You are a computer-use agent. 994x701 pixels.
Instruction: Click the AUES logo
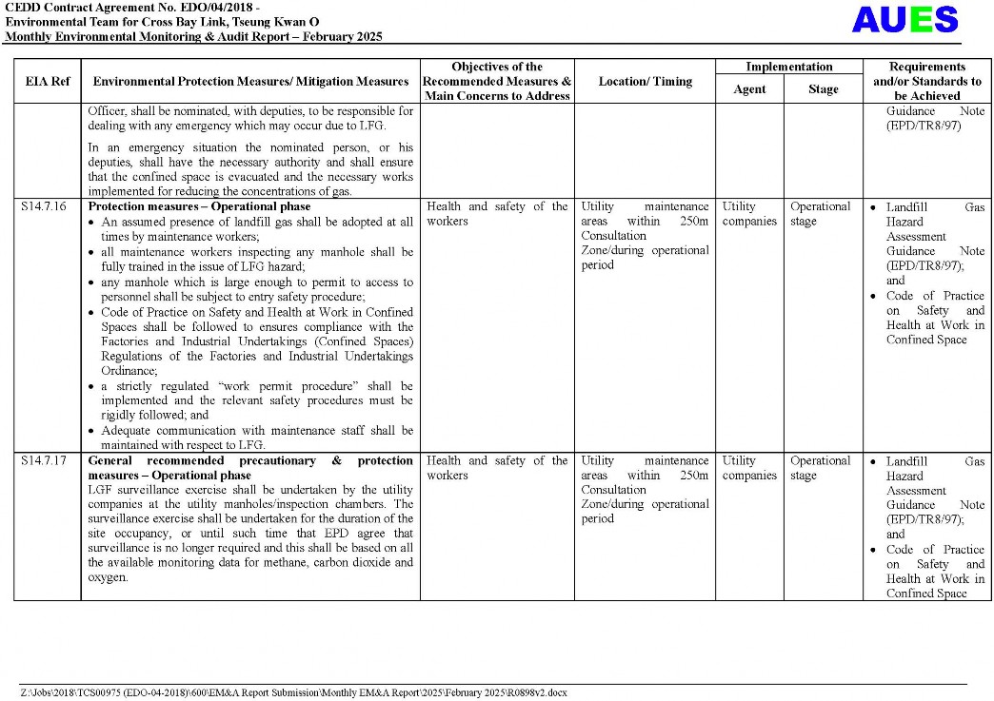click(905, 20)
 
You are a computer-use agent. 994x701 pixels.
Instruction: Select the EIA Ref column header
click(48, 82)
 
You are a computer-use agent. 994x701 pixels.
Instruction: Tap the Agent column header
click(749, 89)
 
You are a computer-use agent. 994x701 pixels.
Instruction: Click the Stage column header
click(824, 89)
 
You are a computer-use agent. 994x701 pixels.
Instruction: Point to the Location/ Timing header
click(645, 82)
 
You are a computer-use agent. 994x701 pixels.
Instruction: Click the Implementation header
click(788, 67)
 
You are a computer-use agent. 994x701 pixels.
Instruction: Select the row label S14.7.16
click(45, 206)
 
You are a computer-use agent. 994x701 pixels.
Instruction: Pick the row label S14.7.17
click(45, 461)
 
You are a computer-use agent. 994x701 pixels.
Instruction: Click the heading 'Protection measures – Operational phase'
click(199, 206)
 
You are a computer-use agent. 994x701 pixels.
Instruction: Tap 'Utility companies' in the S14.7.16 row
click(749, 214)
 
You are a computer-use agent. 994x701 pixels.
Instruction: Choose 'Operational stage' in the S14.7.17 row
click(820, 468)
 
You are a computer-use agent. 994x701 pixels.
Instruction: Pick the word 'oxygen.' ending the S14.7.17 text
click(108, 577)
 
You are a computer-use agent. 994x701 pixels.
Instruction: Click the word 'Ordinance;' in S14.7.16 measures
click(129, 371)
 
